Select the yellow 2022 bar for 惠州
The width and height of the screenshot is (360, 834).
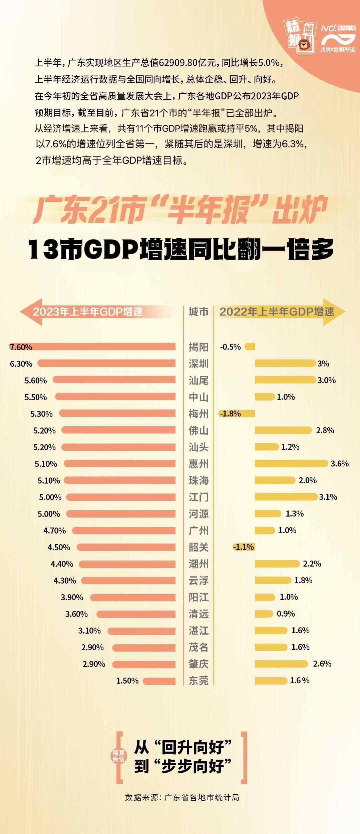[291, 464]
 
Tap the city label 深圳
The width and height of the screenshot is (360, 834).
[199, 363]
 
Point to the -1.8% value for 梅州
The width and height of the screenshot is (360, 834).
[231, 413]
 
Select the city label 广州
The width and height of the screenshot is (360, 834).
[199, 530]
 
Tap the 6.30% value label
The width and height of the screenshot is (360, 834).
[21, 363]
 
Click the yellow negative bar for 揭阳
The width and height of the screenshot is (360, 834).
[250, 347]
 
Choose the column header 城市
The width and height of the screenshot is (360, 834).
[199, 311]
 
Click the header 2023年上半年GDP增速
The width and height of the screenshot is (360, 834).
[88, 311]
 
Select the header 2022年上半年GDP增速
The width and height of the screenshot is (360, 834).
[277, 311]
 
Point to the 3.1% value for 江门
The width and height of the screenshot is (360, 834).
[328, 497]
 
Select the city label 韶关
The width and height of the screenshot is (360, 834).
[199, 547]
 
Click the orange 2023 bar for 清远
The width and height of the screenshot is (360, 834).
[136, 614]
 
